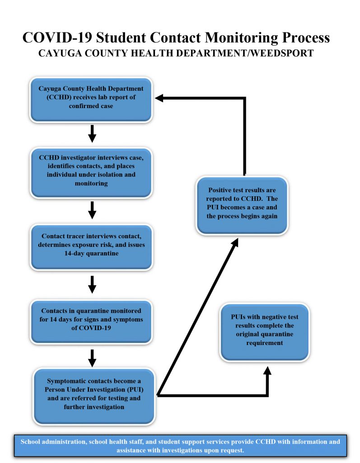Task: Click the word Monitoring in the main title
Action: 241,38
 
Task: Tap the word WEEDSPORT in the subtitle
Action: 282,53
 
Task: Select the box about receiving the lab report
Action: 91,100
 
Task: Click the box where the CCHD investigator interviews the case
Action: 91,173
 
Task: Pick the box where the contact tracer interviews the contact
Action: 92,247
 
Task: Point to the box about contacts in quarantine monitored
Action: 91,322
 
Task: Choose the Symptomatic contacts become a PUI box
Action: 94,396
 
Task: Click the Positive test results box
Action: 242,206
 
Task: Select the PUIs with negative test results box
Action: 265,332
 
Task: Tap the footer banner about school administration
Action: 180,446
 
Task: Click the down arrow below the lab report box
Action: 92,134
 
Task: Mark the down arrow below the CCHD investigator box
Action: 92,210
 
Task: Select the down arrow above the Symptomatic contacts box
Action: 92,358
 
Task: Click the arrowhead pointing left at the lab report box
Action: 159,98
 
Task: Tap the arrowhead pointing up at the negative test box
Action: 267,371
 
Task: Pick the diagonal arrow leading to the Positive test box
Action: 198,317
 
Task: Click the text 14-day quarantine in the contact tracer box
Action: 92,253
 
